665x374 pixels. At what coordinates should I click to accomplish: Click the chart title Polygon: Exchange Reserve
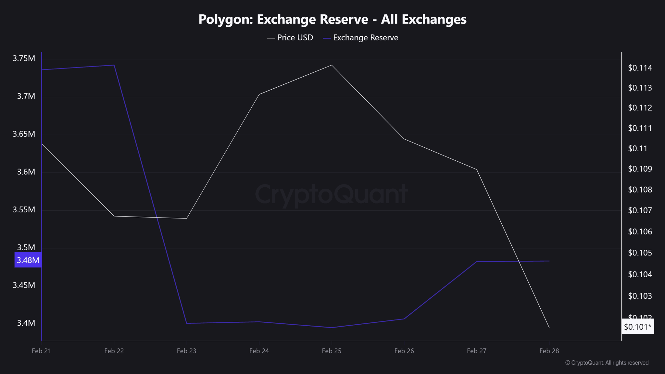tap(332, 19)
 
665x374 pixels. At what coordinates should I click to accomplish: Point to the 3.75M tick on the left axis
tap(24, 58)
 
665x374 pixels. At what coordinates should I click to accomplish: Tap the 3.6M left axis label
tap(26, 172)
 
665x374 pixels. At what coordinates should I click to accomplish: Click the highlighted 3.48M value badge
tap(28, 260)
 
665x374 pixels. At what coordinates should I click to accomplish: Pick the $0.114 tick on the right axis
tap(640, 68)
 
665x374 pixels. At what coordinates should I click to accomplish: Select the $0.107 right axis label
tap(640, 210)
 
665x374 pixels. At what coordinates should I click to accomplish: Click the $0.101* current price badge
tap(637, 327)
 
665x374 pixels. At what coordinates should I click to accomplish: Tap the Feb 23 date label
tap(186, 351)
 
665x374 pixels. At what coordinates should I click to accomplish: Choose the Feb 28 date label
tap(549, 351)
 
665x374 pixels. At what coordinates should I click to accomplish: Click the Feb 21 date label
tap(42, 351)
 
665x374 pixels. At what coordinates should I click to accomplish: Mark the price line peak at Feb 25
tap(332, 65)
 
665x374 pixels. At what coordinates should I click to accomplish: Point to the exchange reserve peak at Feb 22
tap(114, 65)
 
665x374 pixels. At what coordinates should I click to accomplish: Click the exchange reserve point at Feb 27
tap(477, 261)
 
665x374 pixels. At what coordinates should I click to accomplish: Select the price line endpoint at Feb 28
tap(549, 327)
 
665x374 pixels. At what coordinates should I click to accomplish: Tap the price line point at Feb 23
tap(186, 218)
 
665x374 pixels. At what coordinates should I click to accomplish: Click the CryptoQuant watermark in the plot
tap(331, 194)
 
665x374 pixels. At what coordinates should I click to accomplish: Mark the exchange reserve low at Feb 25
tap(332, 328)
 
